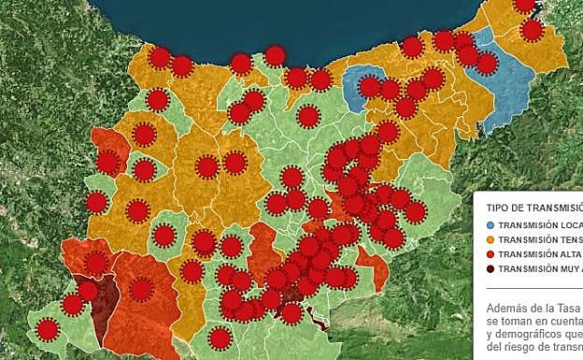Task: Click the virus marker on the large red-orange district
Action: pyautogui.click(x=141, y=289)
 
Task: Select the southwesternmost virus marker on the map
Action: pyautogui.click(x=47, y=329)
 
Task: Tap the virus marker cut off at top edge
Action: pyautogui.click(x=525, y=5)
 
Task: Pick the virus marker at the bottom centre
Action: pyautogui.click(x=220, y=338)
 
